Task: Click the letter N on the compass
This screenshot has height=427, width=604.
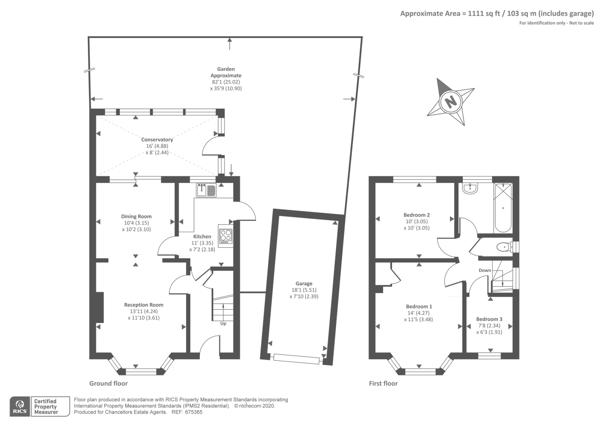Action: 451,102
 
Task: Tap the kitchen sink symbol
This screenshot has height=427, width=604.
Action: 206,190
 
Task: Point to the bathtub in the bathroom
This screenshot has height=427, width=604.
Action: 503,207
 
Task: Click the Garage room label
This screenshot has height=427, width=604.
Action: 304,283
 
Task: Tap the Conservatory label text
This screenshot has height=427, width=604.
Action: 157,139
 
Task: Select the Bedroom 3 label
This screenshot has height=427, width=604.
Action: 489,319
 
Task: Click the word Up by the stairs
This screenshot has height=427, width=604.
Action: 223,323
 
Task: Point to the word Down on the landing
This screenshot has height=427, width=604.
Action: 485,270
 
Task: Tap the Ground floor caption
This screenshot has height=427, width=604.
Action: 108,383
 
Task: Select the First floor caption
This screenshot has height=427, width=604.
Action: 383,383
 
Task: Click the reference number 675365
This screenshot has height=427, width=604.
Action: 194,412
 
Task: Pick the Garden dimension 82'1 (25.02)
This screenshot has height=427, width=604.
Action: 226,82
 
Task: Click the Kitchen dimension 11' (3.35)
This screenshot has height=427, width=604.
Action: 202,243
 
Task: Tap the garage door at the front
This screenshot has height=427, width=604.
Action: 296,359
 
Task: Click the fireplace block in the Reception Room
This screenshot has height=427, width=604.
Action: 100,307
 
